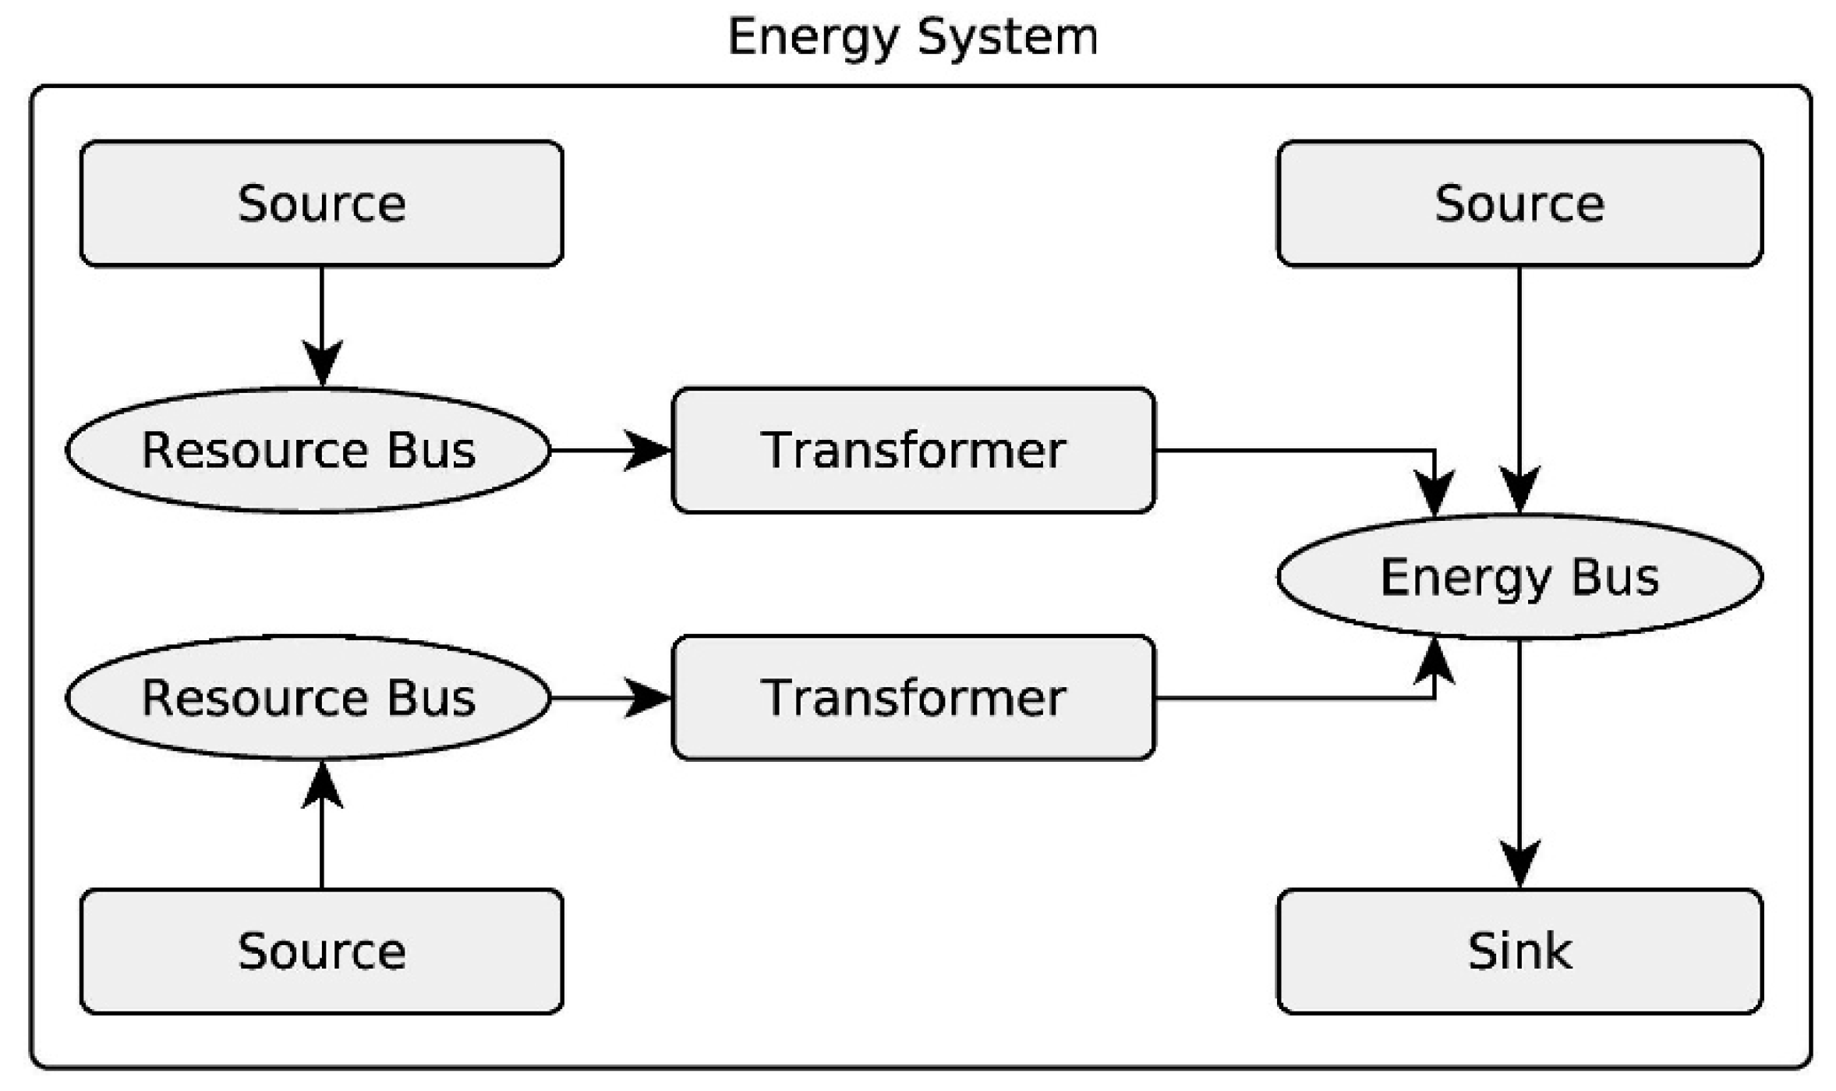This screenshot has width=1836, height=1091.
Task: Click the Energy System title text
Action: pyautogui.click(x=912, y=37)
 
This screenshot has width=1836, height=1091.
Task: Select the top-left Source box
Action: pyautogui.click(x=321, y=204)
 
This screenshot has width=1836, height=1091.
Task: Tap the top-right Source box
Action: pyautogui.click(x=1519, y=204)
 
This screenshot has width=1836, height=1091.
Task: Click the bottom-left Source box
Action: pyautogui.click(x=321, y=951)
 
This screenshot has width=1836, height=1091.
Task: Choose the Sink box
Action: pyautogui.click(x=1519, y=951)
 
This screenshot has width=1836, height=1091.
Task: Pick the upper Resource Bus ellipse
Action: pyautogui.click(x=308, y=450)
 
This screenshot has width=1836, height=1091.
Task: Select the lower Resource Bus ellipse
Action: pyautogui.click(x=308, y=697)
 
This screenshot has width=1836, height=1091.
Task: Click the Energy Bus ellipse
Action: pyautogui.click(x=1519, y=577)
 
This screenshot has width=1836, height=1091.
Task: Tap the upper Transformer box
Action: pyautogui.click(x=913, y=450)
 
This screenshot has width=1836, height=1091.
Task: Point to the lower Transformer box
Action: pyautogui.click(x=913, y=697)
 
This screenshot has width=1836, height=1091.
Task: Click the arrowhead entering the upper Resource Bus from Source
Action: pyautogui.click(x=322, y=363)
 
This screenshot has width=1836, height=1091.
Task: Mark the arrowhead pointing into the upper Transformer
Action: pyautogui.click(x=647, y=450)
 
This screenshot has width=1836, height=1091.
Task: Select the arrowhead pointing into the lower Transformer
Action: pyautogui.click(x=647, y=697)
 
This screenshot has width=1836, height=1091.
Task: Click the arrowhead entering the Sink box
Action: pyautogui.click(x=1519, y=863)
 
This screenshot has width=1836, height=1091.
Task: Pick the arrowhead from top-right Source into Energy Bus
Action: pyautogui.click(x=1519, y=489)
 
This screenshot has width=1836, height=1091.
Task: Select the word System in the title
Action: pyautogui.click(x=1007, y=37)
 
